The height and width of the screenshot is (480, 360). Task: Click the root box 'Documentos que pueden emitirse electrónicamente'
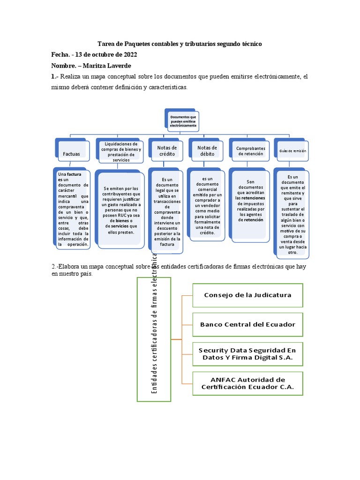[x=183, y=120]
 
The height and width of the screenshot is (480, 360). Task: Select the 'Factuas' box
[x=72, y=153]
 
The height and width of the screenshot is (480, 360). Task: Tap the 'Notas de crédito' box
[x=164, y=151]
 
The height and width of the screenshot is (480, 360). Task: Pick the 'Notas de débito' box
[x=204, y=151]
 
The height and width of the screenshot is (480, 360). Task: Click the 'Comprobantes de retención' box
[x=251, y=151]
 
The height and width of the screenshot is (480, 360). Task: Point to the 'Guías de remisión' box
[x=292, y=151]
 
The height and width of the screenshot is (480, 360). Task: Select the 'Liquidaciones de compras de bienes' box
[x=121, y=151]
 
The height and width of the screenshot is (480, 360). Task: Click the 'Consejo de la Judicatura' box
[x=247, y=295]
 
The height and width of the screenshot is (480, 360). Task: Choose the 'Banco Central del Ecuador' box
[x=247, y=324]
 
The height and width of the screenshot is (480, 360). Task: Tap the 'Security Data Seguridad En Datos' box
[x=247, y=354]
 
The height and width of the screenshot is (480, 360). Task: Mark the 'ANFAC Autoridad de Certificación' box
[x=247, y=383]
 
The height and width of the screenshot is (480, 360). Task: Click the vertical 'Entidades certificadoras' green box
[x=154, y=339]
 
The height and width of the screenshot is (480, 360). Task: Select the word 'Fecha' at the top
[x=60, y=54]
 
